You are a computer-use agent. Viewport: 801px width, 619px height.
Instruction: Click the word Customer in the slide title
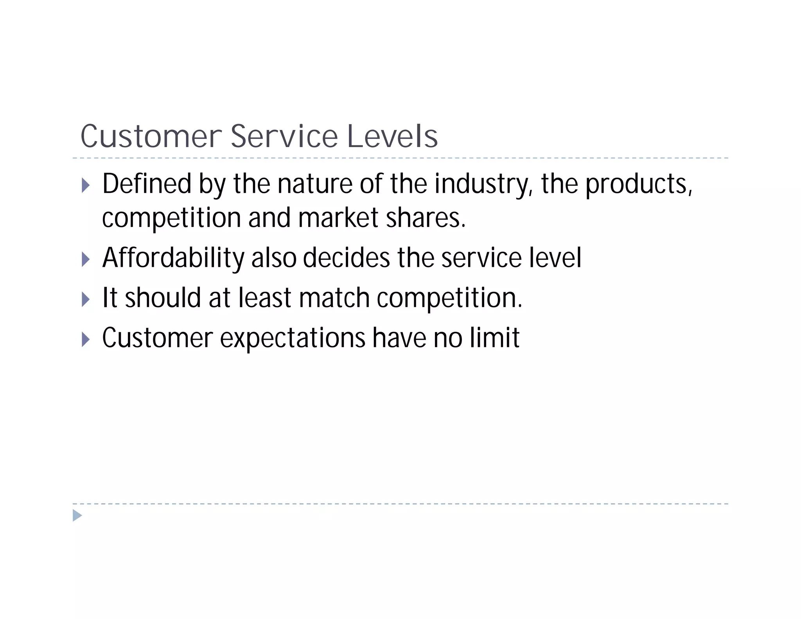151,136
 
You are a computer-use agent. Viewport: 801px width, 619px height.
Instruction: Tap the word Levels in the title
392,136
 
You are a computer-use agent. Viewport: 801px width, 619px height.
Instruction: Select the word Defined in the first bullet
147,184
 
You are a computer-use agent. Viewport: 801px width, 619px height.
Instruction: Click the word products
638,184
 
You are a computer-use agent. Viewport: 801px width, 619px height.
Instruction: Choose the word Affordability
173,258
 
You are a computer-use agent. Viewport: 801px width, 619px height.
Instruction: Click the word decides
346,258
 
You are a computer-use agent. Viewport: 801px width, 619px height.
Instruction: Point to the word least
265,298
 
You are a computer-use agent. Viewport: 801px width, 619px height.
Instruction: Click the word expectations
293,338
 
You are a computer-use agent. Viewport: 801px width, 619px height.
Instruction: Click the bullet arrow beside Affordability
86,259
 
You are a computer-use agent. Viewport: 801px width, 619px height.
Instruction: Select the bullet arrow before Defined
86,185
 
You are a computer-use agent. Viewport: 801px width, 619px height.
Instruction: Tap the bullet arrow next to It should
86,299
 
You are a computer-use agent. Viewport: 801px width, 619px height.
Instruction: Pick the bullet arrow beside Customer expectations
86,339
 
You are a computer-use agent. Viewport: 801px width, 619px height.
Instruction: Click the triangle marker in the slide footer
77,515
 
